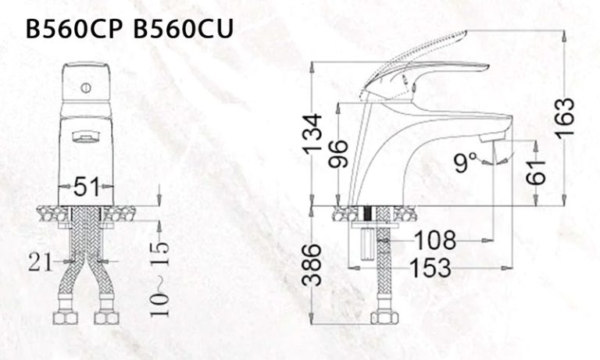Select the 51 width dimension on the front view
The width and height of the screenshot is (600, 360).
pyautogui.click(x=86, y=187)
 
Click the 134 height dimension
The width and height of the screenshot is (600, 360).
pyautogui.click(x=312, y=134)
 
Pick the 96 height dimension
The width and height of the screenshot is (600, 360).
pyautogui.click(x=338, y=153)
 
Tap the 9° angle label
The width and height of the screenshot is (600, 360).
pyautogui.click(x=466, y=162)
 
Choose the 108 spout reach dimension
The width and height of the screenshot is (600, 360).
pyautogui.click(x=436, y=239)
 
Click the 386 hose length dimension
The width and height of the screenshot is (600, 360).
pyautogui.click(x=312, y=266)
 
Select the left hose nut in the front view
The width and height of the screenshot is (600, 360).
pyautogui.click(x=64, y=317)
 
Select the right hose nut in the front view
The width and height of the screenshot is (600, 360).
pyautogui.click(x=105, y=317)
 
